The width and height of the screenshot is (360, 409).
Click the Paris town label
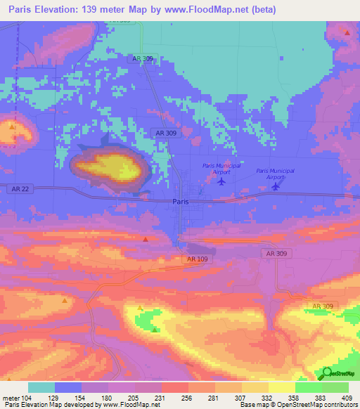tap(180, 201)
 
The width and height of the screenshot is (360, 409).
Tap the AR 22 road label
tap(20, 188)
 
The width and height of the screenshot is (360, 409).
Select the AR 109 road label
tap(198, 259)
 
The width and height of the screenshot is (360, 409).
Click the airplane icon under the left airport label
tap(221, 182)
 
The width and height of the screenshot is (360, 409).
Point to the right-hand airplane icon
tap(277, 186)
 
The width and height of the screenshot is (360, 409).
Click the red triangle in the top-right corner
tap(347, 32)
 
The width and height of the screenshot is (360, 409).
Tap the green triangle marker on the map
tap(155, 329)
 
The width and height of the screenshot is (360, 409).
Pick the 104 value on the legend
tap(27, 398)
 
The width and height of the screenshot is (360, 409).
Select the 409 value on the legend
tap(347, 398)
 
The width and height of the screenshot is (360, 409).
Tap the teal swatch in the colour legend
tap(41, 387)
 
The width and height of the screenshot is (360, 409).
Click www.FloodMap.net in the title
tap(198, 10)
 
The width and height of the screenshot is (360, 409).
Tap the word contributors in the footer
tap(338, 405)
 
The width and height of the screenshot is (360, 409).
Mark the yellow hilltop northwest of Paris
tap(112, 167)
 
